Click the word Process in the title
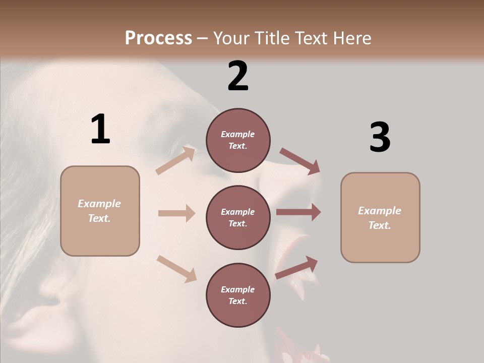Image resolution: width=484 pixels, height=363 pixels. [x=158, y=38]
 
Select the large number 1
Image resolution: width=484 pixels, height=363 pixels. [x=100, y=129]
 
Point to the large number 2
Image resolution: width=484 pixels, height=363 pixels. [x=238, y=76]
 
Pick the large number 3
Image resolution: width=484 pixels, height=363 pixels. [x=380, y=138]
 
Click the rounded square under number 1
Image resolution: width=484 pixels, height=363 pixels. [x=100, y=211]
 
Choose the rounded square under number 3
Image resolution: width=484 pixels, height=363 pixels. [x=380, y=218]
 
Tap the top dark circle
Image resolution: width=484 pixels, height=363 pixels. [x=238, y=140]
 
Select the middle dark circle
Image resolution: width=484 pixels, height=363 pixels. [x=238, y=217]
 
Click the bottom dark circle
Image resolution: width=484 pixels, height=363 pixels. [x=238, y=295]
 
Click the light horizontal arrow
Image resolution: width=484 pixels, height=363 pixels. [x=176, y=213]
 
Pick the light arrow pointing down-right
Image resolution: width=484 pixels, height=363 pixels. [x=177, y=268]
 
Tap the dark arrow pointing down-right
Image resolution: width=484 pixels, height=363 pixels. [x=300, y=161]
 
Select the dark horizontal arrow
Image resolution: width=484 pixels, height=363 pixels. [x=298, y=212]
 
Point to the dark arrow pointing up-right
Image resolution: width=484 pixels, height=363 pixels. [x=296, y=267]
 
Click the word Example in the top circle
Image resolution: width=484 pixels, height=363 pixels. [x=238, y=134]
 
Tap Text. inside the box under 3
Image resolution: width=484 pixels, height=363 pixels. [x=380, y=225]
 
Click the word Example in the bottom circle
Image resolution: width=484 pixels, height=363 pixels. [x=238, y=289]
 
